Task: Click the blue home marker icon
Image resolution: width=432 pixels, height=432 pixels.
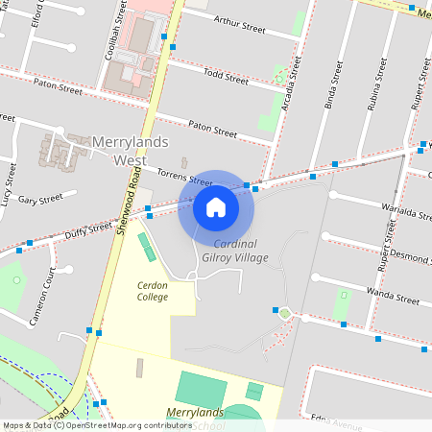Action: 216,206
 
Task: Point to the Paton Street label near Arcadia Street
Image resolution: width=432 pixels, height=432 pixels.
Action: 212,129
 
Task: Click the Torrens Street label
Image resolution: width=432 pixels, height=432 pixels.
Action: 184,176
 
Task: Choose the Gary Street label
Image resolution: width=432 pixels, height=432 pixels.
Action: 40,200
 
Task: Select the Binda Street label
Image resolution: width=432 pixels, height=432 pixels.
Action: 333,86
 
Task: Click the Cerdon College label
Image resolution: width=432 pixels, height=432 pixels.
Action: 153,291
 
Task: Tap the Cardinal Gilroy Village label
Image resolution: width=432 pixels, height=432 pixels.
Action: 228,251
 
